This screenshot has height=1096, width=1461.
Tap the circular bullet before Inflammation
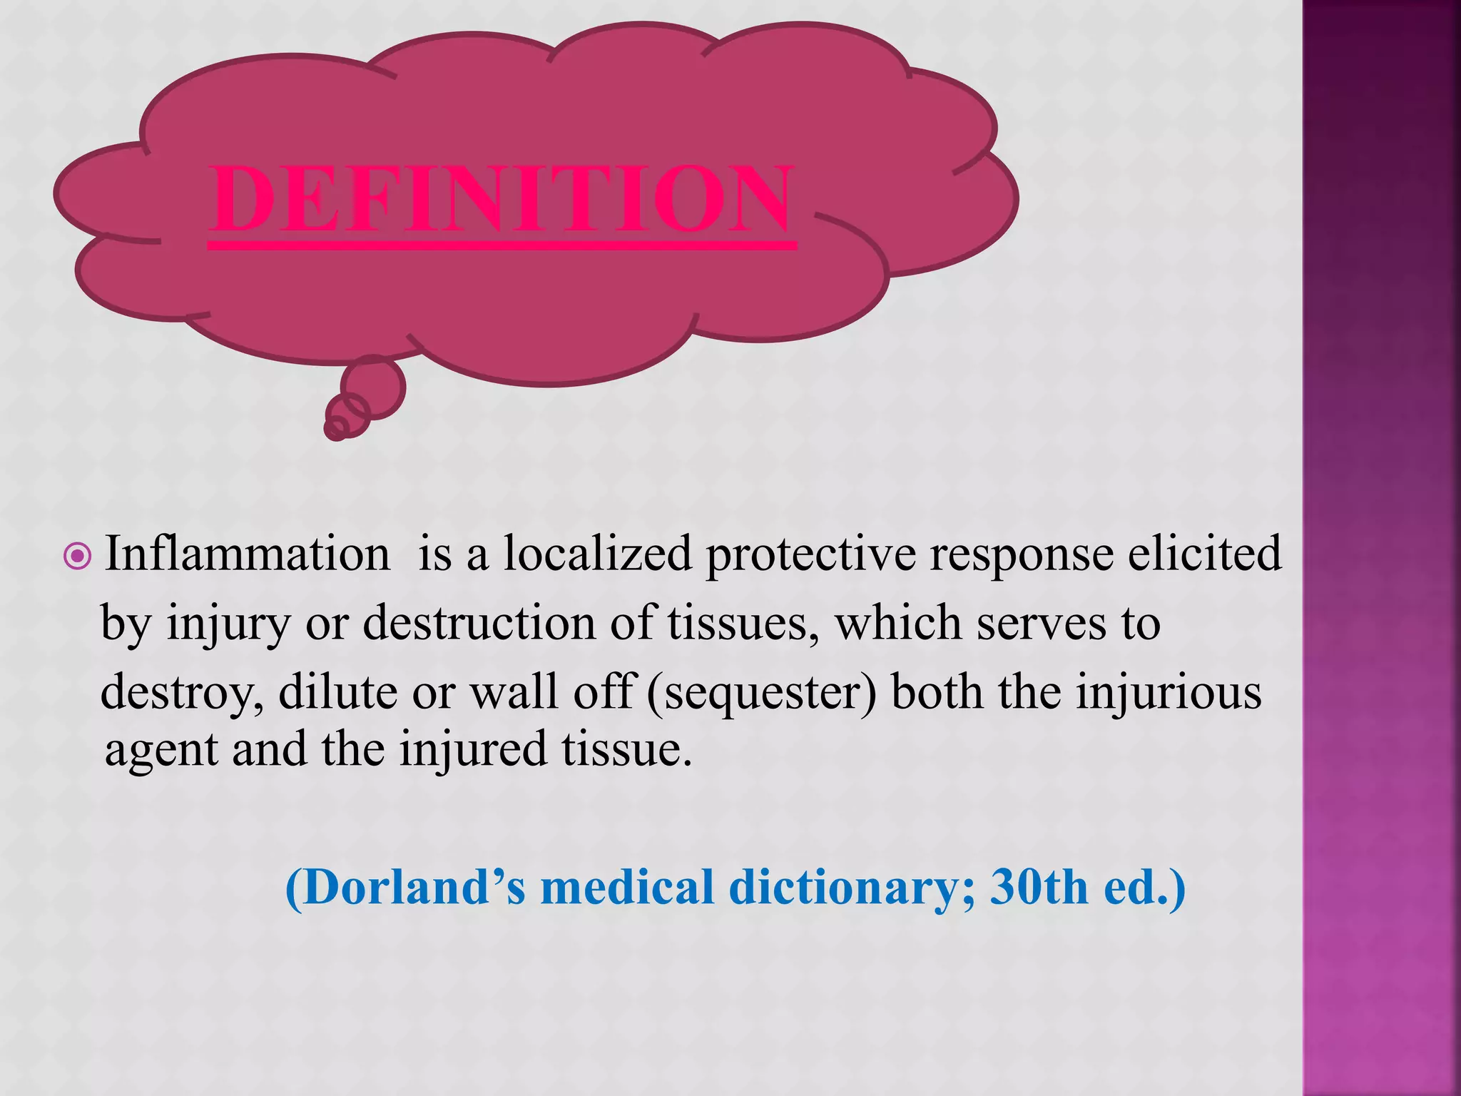click(x=77, y=556)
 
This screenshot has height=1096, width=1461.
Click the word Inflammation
click(x=248, y=554)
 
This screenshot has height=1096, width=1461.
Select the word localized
click(x=597, y=554)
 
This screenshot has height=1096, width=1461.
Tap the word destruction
click(x=479, y=623)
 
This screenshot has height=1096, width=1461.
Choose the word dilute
click(x=337, y=691)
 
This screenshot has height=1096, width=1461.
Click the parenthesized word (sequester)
click(x=761, y=693)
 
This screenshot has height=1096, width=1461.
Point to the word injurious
click(x=1169, y=691)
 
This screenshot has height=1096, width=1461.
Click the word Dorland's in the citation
click(x=406, y=888)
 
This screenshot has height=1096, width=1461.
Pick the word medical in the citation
click(x=628, y=888)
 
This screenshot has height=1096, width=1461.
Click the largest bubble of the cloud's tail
click(x=373, y=387)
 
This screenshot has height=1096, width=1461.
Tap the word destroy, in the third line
click(x=182, y=693)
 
